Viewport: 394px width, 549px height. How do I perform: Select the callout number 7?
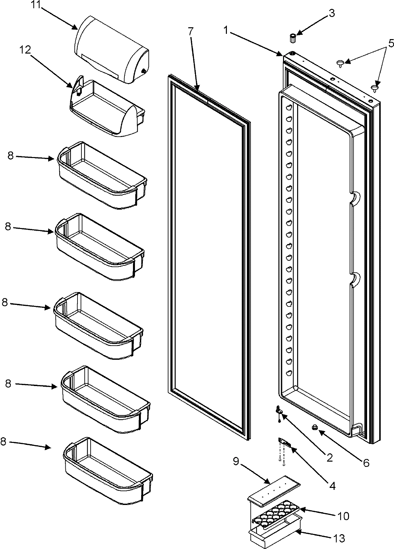point(191,32)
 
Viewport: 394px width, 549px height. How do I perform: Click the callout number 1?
point(226,30)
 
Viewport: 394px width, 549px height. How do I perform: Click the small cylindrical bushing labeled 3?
point(293,38)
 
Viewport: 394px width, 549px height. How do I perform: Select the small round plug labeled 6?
point(315,427)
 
